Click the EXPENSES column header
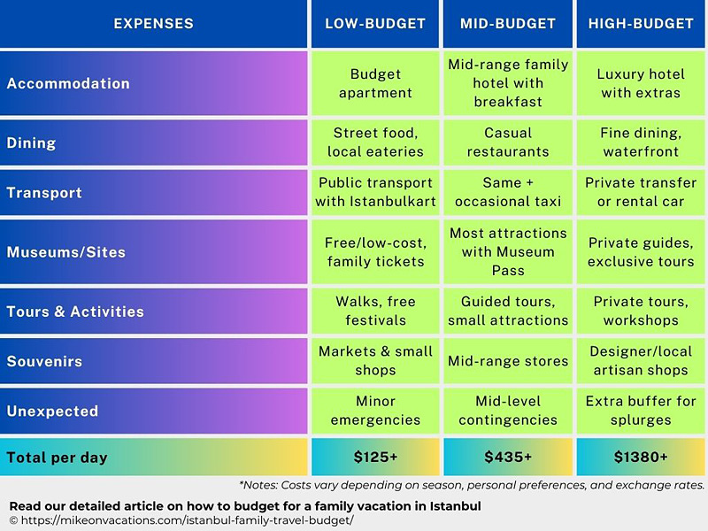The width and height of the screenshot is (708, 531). (154, 24)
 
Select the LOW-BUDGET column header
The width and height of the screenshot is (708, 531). (376, 24)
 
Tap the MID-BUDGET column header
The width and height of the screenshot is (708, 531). (508, 24)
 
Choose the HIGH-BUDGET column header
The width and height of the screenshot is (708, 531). (641, 24)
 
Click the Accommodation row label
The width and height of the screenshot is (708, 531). (68, 83)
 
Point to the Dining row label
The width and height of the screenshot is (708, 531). (31, 142)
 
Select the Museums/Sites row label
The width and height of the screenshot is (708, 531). (66, 252)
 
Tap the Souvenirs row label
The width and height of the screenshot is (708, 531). (44, 361)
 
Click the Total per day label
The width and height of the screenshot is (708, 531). (57, 458)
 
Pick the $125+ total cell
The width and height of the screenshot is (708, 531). (376, 458)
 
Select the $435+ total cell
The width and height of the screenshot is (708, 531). (508, 458)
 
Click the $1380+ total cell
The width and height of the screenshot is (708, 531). (641, 458)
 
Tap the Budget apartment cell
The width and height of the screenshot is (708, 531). (376, 83)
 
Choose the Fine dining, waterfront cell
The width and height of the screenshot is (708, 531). (641, 142)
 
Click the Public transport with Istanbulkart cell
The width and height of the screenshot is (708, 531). (376, 192)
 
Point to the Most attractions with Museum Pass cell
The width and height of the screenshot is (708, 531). (508, 252)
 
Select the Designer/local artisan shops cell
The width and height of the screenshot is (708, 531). (641, 361)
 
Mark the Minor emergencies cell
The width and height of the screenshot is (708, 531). (376, 411)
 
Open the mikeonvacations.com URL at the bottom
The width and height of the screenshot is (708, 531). (186, 520)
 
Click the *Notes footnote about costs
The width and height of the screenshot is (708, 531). (471, 485)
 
